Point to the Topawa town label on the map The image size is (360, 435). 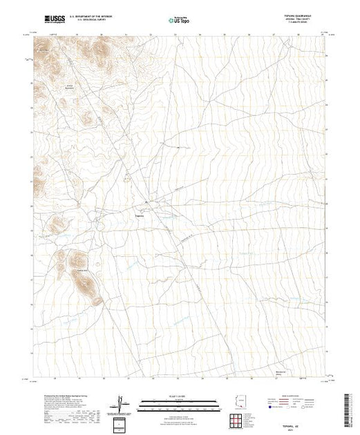pyautogui.click(x=138, y=215)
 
